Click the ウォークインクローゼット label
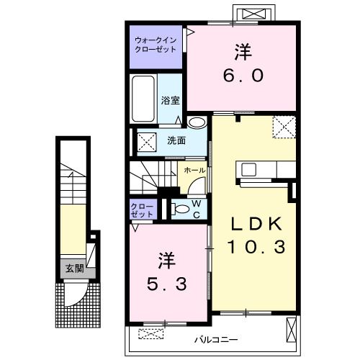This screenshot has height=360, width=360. pyautogui.click(x=156, y=45)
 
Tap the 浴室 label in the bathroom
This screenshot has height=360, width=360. pyautogui.click(x=170, y=100)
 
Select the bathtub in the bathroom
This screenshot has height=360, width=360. pyautogui.click(x=143, y=99)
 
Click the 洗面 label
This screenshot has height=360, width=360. pyautogui.click(x=176, y=140)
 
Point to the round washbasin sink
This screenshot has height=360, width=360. pyautogui.click(x=197, y=122)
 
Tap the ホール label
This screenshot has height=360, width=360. pyautogui.click(x=194, y=171)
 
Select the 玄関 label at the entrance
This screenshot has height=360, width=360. pyautogui.click(x=75, y=269)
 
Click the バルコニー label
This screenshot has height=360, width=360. pyautogui.click(x=216, y=340)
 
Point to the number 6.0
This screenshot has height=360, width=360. pyautogui.click(x=243, y=76)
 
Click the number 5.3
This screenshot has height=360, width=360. pyautogui.click(x=167, y=284)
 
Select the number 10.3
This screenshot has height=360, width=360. pyautogui.click(x=256, y=247)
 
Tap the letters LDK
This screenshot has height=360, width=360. pyautogui.click(x=256, y=224)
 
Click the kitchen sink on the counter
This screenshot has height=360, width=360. pyautogui.click(x=248, y=169)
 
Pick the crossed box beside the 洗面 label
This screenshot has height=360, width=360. pyautogui.click(x=147, y=143)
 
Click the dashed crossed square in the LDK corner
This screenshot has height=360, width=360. pyautogui.click(x=284, y=127)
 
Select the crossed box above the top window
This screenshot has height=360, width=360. pyautogui.click(x=254, y=14)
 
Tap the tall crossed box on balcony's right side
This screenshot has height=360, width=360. pyautogui.click(x=292, y=330)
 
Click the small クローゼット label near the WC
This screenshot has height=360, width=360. pyautogui.click(x=142, y=210)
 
